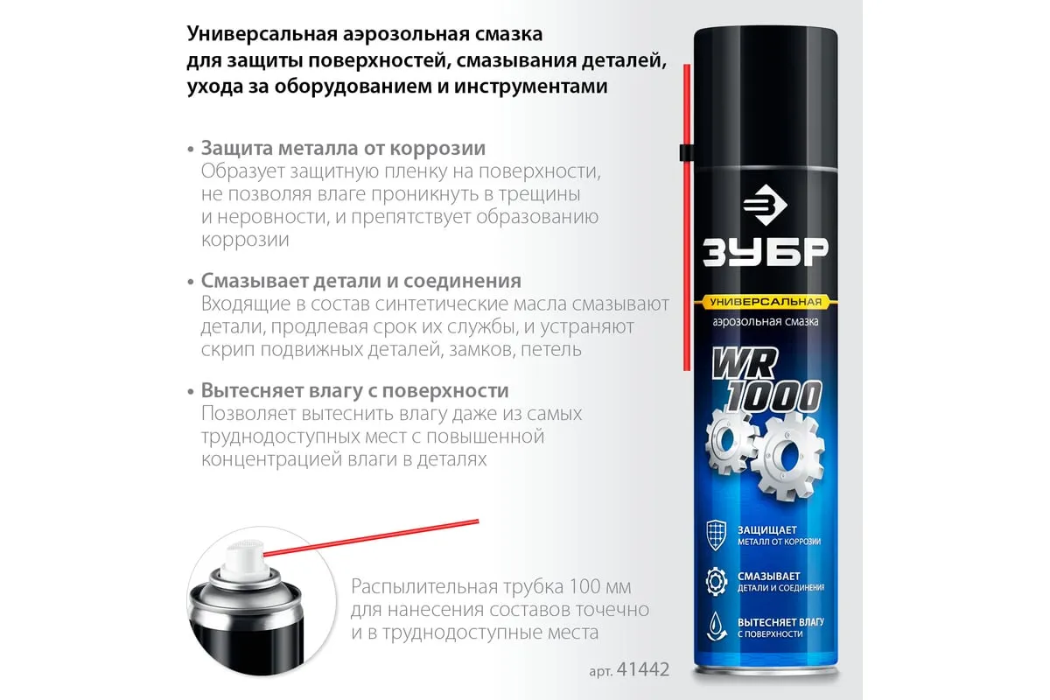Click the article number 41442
point(642,669)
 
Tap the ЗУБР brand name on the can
point(766,253)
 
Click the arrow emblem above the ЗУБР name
point(765,205)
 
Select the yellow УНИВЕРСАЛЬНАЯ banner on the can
point(766,302)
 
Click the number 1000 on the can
point(773,395)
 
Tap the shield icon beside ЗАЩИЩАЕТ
point(717,535)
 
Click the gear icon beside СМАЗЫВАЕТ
point(717,581)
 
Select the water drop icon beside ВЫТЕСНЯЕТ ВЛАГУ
point(717,626)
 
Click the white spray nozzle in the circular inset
point(245,561)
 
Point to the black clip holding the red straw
point(687,152)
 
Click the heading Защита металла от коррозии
point(343,148)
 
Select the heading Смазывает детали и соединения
point(360,281)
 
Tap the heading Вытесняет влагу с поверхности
point(355,390)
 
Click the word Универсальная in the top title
point(262,34)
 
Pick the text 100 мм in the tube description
point(600,586)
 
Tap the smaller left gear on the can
point(730,441)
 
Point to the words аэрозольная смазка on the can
point(766,322)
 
